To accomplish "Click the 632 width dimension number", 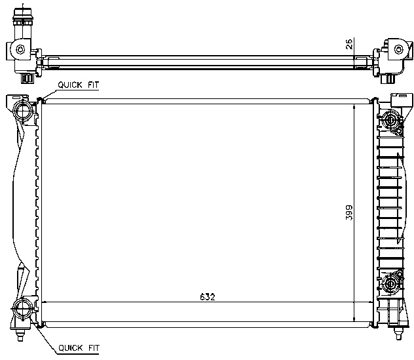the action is pyautogui.click(x=208, y=297).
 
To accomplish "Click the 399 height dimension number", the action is pyautogui.click(x=349, y=212).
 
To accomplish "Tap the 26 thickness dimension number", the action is pyautogui.click(x=349, y=44).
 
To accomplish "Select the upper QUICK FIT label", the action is pyautogui.click(x=79, y=85).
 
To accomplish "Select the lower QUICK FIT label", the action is pyautogui.click(x=79, y=348).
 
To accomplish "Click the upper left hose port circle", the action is pyautogui.click(x=23, y=111).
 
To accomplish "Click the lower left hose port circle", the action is pyautogui.click(x=23, y=310).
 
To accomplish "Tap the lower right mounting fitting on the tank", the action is pyautogui.click(x=390, y=284).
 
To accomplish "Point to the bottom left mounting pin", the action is pyautogui.click(x=20, y=334).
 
